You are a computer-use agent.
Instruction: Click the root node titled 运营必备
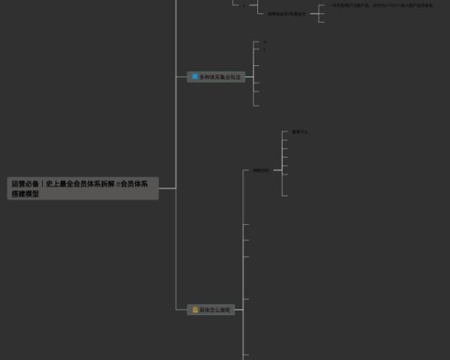[x=83, y=188]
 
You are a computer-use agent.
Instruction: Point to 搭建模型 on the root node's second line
[x=25, y=193]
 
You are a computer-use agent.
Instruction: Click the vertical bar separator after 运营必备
[x=43, y=183]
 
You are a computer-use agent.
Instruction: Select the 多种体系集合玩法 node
[x=216, y=76]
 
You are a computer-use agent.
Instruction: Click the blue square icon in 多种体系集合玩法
[x=195, y=76]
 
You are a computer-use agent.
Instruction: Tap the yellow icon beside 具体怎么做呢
[x=195, y=309]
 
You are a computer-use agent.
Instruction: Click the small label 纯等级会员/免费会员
[x=286, y=13]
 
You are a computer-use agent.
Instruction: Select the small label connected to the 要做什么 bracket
[x=260, y=170]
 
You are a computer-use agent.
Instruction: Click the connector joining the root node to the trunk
[x=167, y=188]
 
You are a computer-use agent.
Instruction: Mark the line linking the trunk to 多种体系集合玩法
[x=181, y=76]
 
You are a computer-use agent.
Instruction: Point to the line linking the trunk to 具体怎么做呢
[x=181, y=309]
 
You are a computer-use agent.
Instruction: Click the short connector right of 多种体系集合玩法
[x=249, y=76]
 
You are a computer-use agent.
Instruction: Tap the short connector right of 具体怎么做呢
[x=239, y=309]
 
